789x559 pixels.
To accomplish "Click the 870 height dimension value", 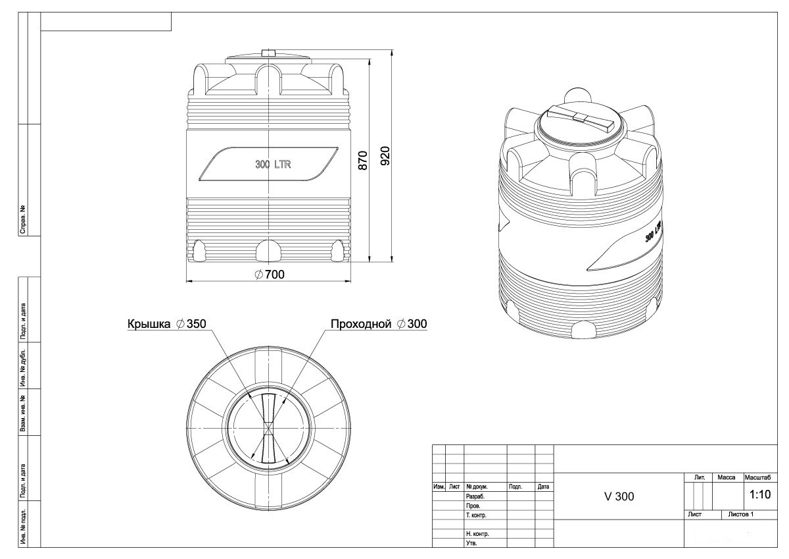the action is point(362,161).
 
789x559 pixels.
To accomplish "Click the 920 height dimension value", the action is point(385,155).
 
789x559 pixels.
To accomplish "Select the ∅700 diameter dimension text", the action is point(270,275).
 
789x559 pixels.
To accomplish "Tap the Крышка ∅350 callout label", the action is point(166,324).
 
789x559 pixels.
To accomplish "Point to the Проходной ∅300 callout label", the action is point(379,324).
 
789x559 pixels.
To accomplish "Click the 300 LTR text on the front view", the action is point(273,165).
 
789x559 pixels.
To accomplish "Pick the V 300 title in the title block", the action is point(619,496).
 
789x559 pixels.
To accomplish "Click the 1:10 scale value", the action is point(760,494).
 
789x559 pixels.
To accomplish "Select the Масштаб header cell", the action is point(757,477).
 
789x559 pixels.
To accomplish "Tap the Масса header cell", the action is point(727,477).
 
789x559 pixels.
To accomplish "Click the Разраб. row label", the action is point(475,496).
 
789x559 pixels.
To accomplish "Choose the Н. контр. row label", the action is point(477,534).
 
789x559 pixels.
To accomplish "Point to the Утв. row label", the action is point(471,543).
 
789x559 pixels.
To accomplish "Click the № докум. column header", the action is point(477,487).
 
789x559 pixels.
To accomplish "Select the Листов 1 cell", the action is point(741,515).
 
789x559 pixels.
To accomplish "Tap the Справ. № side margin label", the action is point(23,219).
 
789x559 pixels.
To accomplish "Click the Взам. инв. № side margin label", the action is point(23,413).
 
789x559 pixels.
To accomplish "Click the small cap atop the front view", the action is point(268,53).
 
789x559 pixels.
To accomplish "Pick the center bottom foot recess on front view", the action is point(268,251).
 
